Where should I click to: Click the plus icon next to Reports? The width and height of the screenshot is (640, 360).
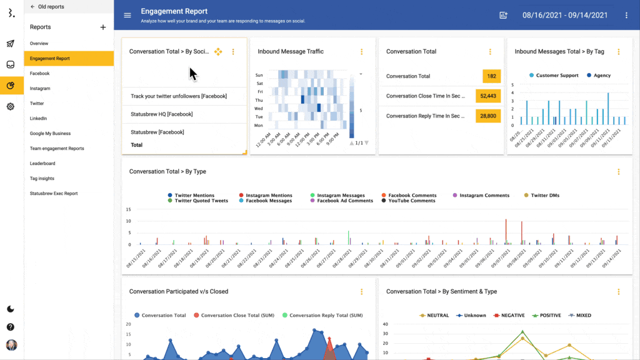[103, 27]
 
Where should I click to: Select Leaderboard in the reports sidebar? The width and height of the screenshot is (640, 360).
[42, 164]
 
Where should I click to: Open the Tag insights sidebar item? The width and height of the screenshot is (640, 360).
[42, 179]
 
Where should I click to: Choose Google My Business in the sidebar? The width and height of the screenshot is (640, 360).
[50, 134]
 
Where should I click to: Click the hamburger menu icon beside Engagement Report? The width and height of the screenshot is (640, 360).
[127, 15]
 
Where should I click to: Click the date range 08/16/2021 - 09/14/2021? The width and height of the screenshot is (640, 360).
[564, 15]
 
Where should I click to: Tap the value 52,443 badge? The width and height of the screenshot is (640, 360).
[488, 96]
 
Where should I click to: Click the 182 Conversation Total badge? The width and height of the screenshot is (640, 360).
[491, 76]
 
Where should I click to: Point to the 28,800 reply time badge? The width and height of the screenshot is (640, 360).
[488, 116]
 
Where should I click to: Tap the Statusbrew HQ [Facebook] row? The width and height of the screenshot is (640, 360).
[161, 114]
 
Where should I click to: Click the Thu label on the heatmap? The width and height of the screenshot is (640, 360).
[259, 100]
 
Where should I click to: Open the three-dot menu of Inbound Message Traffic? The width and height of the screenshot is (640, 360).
[361, 52]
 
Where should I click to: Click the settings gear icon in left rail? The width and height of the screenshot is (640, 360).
[11, 107]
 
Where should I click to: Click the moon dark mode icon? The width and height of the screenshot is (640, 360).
[11, 309]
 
